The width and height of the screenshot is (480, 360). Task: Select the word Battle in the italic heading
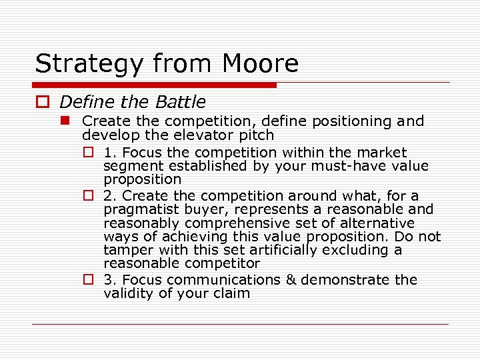pos(181,102)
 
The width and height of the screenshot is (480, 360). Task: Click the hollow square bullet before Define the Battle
pos(43,102)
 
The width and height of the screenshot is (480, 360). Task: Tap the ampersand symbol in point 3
pos(290,280)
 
